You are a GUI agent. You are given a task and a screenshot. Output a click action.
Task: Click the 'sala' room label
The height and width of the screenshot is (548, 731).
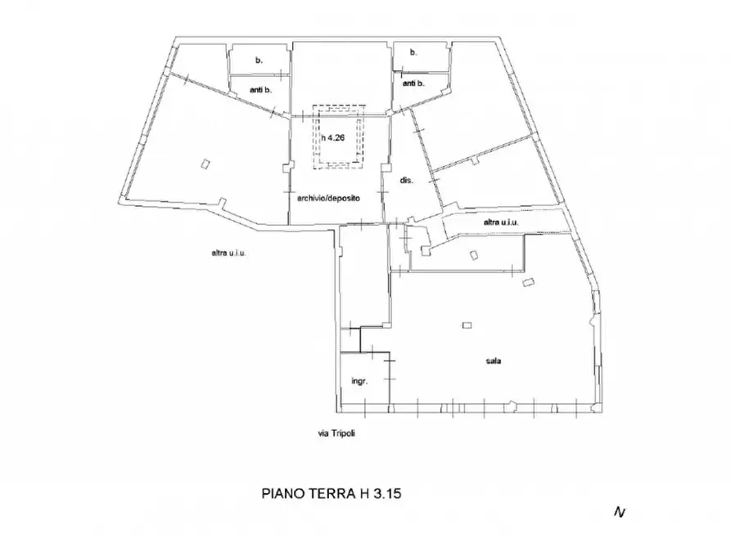point(494,361)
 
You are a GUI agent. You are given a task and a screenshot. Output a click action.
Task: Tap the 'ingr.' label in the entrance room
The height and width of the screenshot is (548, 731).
point(359,381)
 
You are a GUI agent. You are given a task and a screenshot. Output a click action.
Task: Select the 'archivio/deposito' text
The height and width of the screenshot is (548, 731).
point(329,198)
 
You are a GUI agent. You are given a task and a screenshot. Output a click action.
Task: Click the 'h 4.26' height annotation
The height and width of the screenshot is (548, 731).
point(333,138)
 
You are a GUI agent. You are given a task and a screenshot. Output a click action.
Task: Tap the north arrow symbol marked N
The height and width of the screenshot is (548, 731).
point(620,512)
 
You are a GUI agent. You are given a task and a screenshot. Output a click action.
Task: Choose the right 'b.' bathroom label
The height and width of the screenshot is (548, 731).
point(413,52)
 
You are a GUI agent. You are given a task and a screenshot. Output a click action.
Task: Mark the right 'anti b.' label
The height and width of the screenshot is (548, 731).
point(413,83)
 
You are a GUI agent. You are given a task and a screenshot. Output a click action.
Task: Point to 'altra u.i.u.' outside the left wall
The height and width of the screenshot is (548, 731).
point(228,253)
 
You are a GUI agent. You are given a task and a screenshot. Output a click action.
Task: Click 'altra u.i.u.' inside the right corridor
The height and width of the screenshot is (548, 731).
point(503,222)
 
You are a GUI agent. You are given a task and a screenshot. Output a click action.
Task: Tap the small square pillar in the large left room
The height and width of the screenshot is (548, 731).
point(205,164)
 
